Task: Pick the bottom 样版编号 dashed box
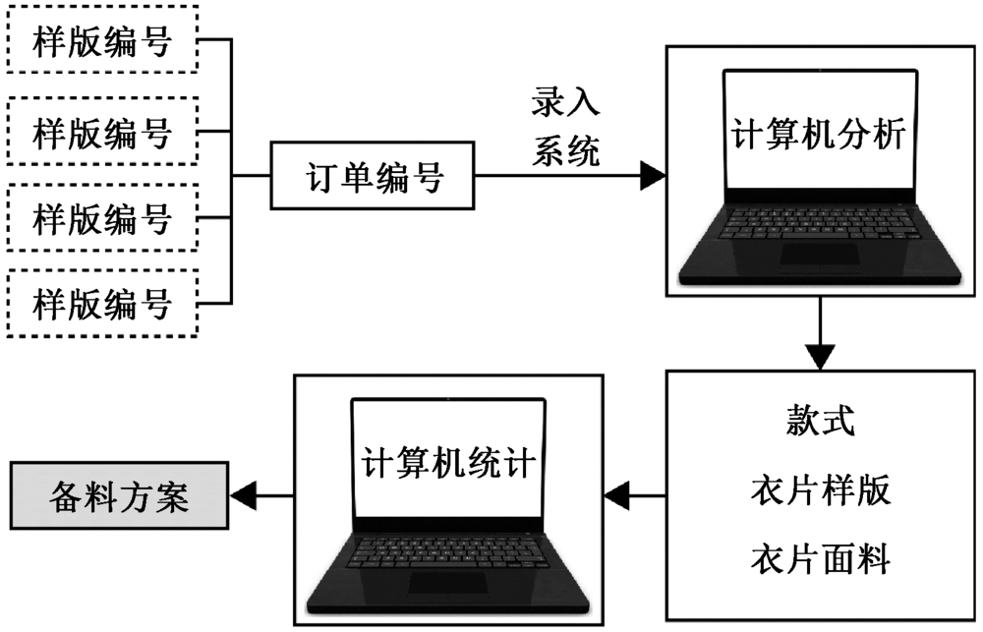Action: pos(101,302)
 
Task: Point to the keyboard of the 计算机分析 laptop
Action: pos(818,221)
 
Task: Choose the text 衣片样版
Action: pos(821,490)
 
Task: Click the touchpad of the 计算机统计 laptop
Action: pos(447,582)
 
